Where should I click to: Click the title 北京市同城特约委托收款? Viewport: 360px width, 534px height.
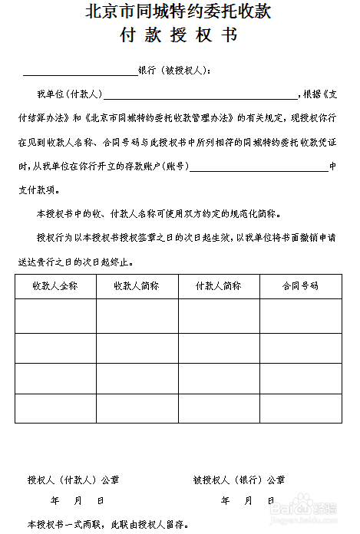click(x=179, y=12)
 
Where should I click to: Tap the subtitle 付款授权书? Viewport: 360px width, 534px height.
click(x=179, y=35)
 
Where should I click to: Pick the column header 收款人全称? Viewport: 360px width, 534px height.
click(x=55, y=285)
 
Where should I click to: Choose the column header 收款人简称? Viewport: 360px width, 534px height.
click(x=137, y=285)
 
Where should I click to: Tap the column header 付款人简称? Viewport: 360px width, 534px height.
click(x=219, y=285)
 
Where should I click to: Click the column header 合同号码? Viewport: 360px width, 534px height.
click(x=300, y=285)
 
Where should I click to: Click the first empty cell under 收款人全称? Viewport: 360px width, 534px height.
click(x=55, y=315)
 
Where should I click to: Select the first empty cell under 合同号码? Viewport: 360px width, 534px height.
click(x=300, y=315)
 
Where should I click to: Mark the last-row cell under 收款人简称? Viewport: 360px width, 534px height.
click(x=137, y=408)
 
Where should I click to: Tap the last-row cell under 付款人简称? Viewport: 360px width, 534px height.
click(x=219, y=408)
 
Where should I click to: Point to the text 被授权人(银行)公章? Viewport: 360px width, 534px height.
click(x=239, y=480)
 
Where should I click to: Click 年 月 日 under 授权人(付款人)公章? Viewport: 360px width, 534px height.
click(x=77, y=500)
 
